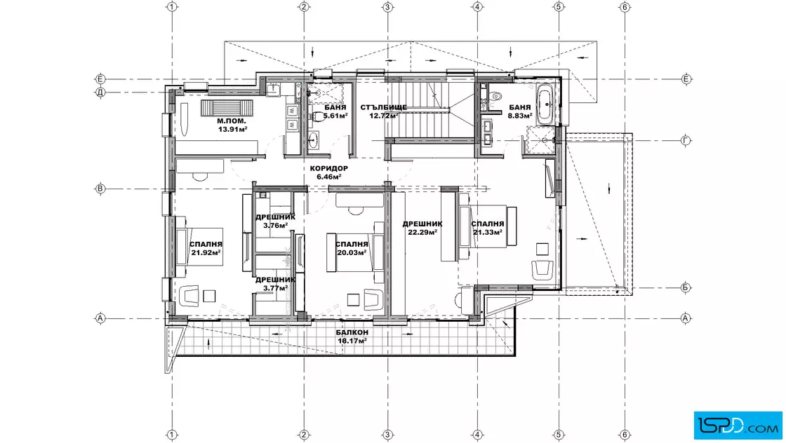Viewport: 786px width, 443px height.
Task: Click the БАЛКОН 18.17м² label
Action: point(352,336)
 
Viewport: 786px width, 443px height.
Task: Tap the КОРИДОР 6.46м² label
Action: point(329,172)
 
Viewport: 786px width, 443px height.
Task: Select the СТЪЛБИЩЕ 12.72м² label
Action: point(383,111)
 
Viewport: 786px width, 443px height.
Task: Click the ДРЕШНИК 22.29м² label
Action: point(422,228)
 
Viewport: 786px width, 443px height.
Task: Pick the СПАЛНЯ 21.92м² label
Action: point(206,248)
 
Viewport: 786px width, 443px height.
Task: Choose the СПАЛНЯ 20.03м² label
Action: point(352,248)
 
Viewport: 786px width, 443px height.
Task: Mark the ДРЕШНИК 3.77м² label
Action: point(275,284)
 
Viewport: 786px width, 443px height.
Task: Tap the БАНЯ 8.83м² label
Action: point(519,111)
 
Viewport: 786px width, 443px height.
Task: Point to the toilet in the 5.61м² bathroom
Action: point(317,116)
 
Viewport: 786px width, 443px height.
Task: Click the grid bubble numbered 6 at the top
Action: point(625,7)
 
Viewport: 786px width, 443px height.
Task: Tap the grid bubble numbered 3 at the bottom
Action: point(387,435)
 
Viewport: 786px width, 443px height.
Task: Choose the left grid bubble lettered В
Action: point(100,189)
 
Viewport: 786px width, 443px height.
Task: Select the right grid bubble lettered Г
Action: point(686,141)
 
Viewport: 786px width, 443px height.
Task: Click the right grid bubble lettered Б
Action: point(686,288)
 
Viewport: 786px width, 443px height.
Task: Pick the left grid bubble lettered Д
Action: point(100,92)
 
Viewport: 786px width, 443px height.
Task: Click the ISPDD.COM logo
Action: point(738,425)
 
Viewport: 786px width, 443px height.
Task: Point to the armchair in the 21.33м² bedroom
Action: point(542,269)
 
